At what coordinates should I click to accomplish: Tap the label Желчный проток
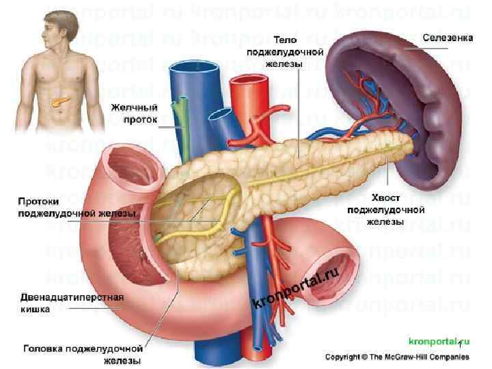135,113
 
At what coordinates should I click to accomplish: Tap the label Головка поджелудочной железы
82,353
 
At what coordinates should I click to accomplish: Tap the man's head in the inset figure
55,27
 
